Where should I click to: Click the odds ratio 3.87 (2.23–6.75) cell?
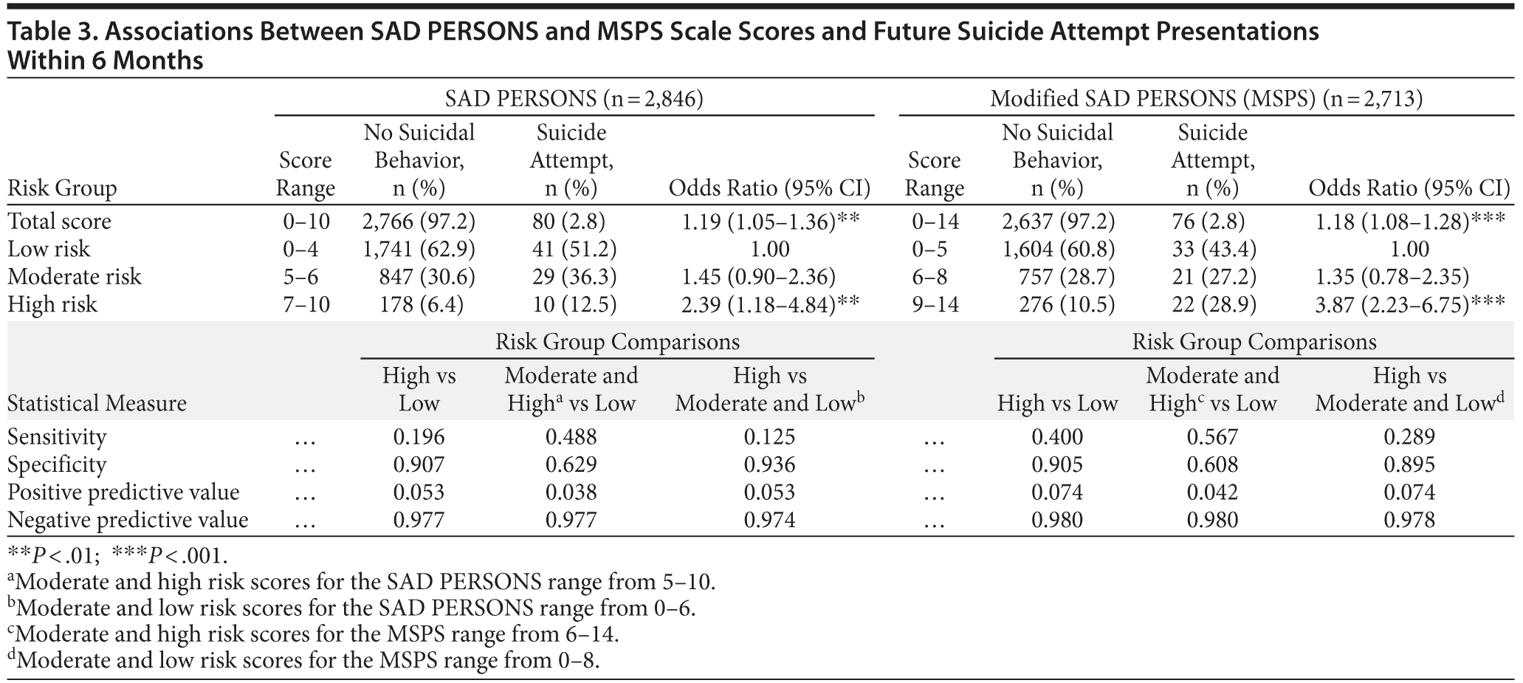point(1409,305)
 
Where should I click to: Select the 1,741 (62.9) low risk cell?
point(419,249)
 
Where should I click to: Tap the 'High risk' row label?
point(52,305)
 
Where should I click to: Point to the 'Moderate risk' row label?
point(74,277)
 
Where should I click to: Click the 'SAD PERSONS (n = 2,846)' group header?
point(574,98)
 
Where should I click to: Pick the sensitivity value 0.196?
point(419,437)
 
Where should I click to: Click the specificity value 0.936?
point(769,464)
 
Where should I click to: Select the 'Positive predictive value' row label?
point(123,492)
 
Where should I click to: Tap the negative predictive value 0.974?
point(769,521)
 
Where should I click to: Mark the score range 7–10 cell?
point(306,305)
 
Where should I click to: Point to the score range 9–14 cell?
point(935,305)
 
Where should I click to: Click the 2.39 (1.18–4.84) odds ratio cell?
point(769,305)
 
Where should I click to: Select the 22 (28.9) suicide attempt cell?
point(1212,305)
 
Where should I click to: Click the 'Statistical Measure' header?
point(97,403)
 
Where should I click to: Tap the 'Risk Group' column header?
point(62,188)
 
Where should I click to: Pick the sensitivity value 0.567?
point(1212,437)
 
